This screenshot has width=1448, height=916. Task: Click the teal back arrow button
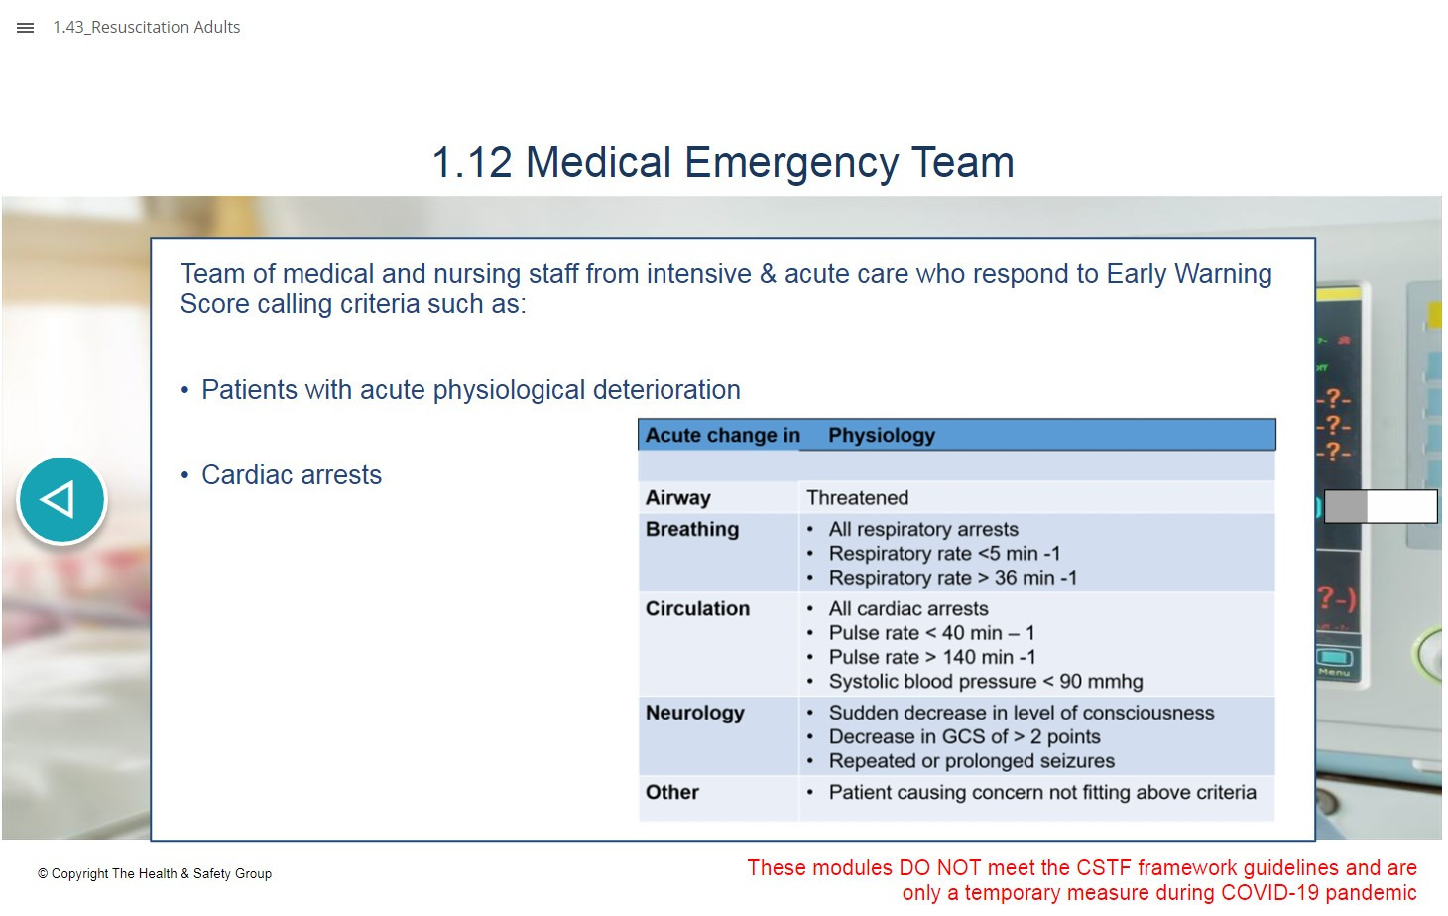[x=61, y=499]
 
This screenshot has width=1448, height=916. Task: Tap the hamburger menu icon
[x=25, y=28]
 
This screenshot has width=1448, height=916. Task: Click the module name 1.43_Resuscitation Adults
[x=146, y=27]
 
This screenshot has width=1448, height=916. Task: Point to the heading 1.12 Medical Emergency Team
[x=723, y=162]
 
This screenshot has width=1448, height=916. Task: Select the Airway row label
[x=678, y=497]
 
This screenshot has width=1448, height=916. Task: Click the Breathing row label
[x=692, y=529]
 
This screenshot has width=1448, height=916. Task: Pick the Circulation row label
[x=697, y=608]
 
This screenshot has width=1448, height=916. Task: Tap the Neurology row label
[x=695, y=713]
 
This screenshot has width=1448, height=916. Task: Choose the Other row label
[x=672, y=792]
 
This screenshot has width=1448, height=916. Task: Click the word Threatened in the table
[x=857, y=497]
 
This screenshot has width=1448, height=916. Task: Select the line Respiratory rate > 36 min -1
[x=953, y=578]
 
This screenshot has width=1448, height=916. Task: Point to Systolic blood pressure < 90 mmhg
[x=986, y=681]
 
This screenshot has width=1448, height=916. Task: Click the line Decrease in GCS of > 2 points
[x=964, y=736]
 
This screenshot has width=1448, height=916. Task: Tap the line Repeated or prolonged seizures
[x=972, y=761]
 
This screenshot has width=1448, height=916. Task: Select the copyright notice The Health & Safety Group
[x=155, y=874]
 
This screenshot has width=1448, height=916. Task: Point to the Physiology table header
[x=882, y=435]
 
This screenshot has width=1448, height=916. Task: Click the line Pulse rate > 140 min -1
[x=932, y=657]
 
